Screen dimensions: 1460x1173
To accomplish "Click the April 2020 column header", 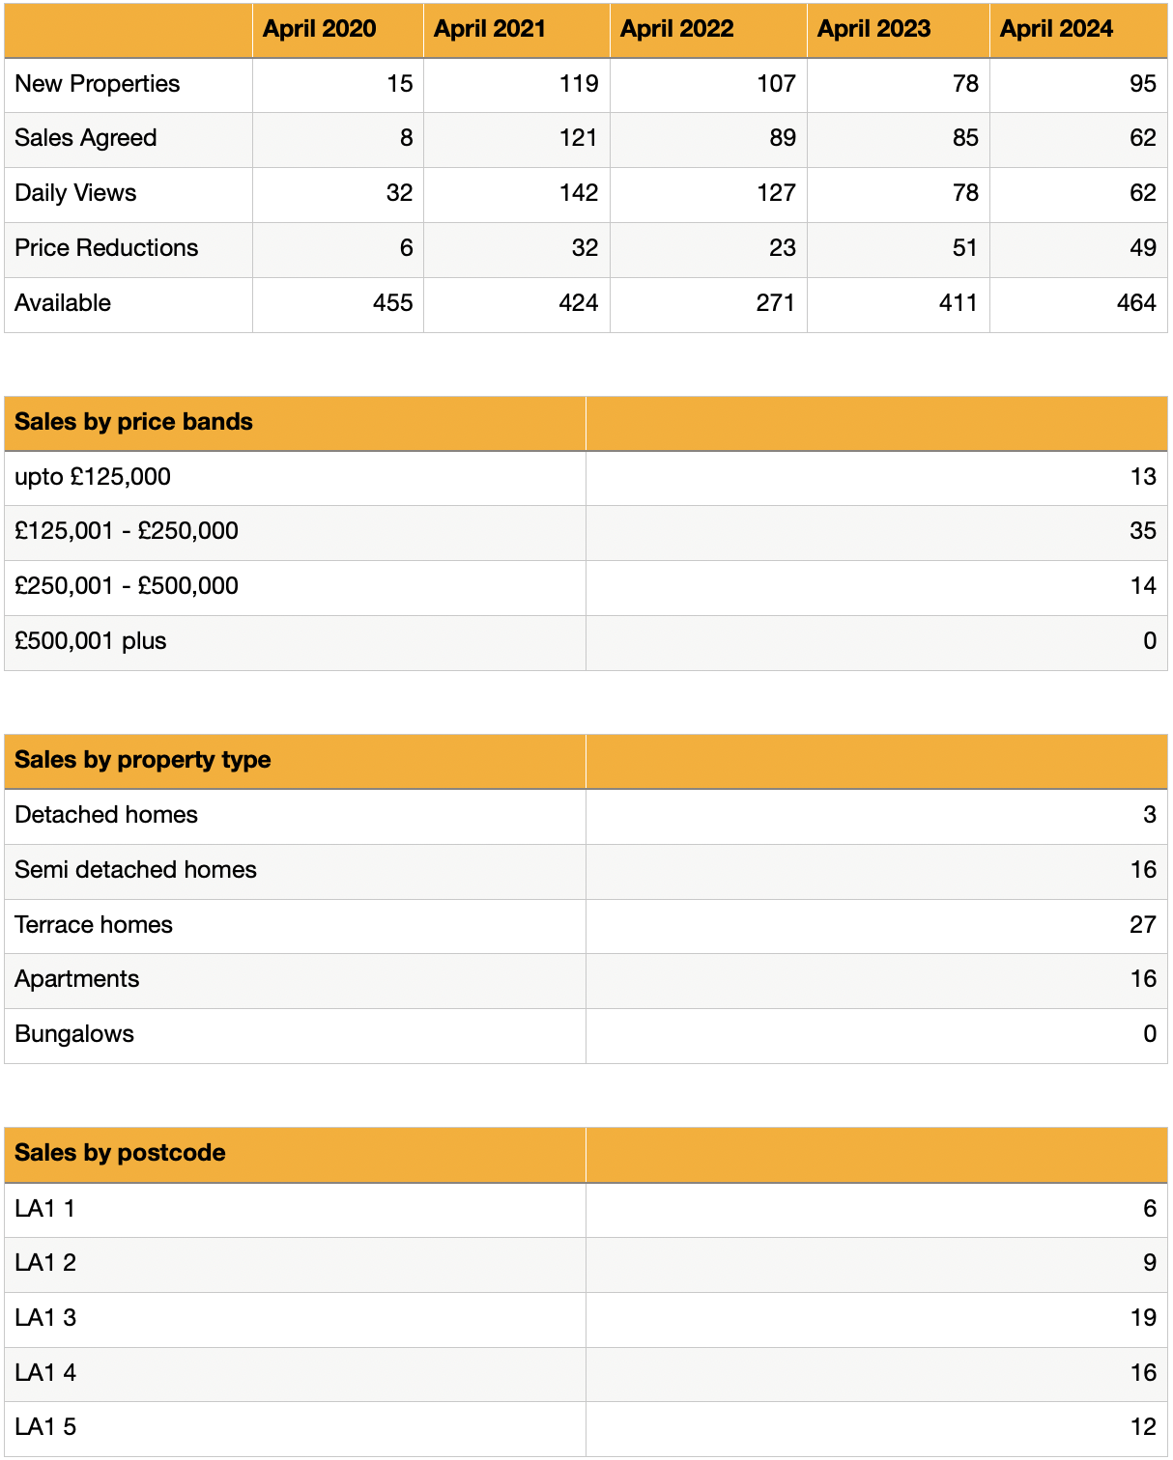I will (319, 29).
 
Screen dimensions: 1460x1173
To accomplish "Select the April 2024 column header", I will (1056, 29).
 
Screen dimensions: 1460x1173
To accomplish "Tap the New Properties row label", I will (98, 84).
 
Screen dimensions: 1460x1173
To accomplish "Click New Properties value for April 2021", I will (579, 84).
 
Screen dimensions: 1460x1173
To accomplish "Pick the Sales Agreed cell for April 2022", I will (783, 138).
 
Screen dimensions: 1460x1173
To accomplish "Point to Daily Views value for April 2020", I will (399, 193).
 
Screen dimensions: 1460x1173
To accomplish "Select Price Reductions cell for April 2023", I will (964, 248).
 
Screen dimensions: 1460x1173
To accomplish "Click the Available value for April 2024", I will (1136, 303).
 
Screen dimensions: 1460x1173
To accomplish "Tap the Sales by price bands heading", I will (133, 422).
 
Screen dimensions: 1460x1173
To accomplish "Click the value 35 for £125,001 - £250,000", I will (1143, 531).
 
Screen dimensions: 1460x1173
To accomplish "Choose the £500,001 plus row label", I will (91, 641).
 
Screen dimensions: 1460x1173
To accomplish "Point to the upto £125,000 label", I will (93, 477).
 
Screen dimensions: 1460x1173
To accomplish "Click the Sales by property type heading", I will (143, 760).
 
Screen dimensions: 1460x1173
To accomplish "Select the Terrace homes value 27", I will (1143, 925).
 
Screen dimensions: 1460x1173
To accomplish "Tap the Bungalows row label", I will (74, 1034).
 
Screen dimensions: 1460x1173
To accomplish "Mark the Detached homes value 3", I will (1150, 815).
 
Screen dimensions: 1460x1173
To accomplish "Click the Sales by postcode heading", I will (120, 1153).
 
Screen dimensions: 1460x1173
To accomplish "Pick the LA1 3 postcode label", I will (45, 1318).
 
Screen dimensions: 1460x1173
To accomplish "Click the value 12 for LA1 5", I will (1143, 1427).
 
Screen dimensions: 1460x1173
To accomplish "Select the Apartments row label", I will (77, 979).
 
